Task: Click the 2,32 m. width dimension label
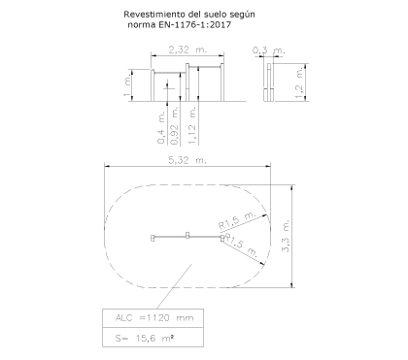[x=187, y=49]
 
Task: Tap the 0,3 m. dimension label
[x=269, y=50]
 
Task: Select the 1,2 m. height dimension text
[x=299, y=82]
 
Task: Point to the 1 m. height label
[x=127, y=85]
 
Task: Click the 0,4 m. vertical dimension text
[x=161, y=127]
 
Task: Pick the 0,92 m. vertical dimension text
[x=175, y=126]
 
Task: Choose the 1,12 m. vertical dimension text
[x=192, y=126]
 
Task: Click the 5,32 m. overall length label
[x=187, y=160]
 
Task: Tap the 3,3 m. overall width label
[x=286, y=236]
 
